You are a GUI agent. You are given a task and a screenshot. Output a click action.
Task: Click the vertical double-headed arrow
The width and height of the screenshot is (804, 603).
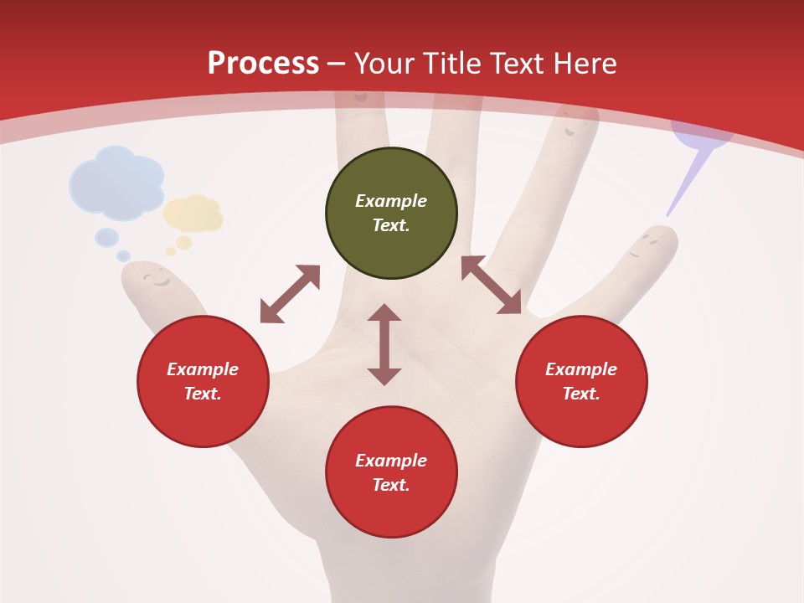click(x=384, y=344)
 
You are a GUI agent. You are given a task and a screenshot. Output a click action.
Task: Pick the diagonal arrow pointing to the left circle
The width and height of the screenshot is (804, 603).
click(x=290, y=294)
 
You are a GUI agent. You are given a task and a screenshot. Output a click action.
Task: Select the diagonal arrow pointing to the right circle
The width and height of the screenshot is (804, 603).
click(x=491, y=286)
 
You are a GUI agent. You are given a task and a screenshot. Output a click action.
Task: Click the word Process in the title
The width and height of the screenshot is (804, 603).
click(x=263, y=64)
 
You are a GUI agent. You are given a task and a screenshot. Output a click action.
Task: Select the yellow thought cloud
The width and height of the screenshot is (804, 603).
click(x=194, y=214)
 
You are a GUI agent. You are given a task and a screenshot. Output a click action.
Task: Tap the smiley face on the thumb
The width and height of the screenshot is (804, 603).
click(x=154, y=279)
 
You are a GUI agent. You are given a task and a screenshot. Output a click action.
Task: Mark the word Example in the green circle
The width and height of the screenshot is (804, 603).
click(x=391, y=201)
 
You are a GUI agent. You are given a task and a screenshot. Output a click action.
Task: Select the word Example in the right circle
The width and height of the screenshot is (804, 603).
click(x=581, y=369)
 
